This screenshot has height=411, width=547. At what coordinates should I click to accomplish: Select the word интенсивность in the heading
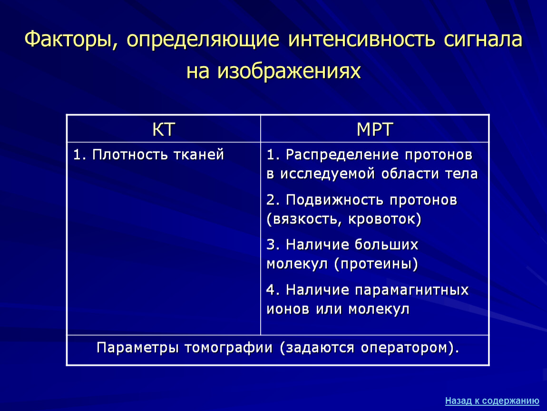pyautogui.click(x=362, y=39)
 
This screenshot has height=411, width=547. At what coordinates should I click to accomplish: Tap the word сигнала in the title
pyautogui.click(x=483, y=39)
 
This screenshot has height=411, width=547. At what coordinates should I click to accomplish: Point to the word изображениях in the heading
pyautogui.click(x=289, y=71)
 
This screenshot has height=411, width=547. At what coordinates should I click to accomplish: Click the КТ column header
pyautogui.click(x=164, y=129)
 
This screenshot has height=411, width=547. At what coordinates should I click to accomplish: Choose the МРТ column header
pyautogui.click(x=375, y=129)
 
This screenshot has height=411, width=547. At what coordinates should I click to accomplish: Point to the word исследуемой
pyautogui.click(x=328, y=174)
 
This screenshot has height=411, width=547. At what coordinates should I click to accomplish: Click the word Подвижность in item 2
pyautogui.click(x=335, y=200)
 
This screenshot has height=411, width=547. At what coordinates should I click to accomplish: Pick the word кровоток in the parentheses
pyautogui.click(x=381, y=219)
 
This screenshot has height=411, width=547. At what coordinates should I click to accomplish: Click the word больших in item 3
pyautogui.click(x=387, y=245)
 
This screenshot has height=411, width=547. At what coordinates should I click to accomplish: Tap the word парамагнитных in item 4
pyautogui.click(x=412, y=290)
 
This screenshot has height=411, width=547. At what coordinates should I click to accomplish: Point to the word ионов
pyautogui.click(x=288, y=309)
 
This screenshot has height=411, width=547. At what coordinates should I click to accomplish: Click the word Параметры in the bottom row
pyautogui.click(x=138, y=348)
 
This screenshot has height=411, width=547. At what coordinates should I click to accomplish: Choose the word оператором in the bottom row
pyautogui.click(x=404, y=348)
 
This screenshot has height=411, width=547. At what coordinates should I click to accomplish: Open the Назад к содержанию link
pyautogui.click(x=492, y=401)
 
